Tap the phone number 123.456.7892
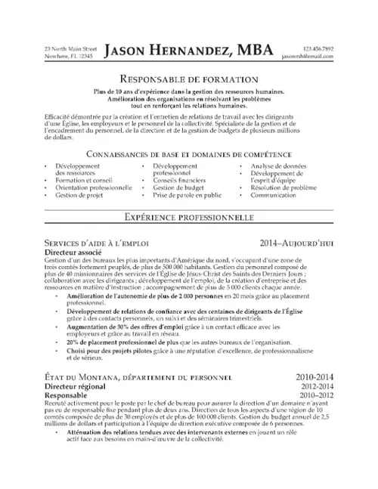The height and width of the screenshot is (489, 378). [x=317, y=48]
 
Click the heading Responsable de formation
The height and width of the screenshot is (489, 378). [x=189, y=79]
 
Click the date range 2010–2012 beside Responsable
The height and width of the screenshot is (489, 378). [x=314, y=393]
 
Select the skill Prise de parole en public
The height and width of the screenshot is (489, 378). [x=186, y=194]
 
